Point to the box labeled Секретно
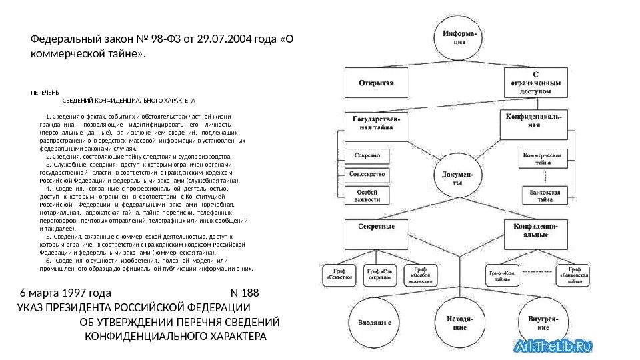click(367, 155)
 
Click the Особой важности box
click(367, 195)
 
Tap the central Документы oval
click(457, 178)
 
